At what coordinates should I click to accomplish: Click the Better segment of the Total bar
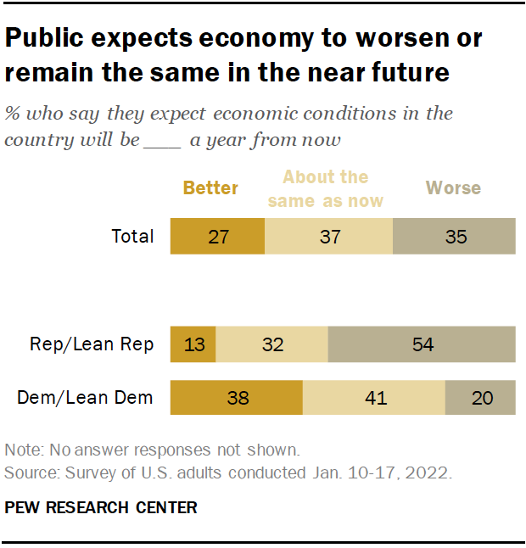point(217,236)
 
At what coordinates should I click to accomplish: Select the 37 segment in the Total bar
point(328,236)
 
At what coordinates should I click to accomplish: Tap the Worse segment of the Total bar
point(454,236)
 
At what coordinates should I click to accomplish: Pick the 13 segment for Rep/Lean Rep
point(193,344)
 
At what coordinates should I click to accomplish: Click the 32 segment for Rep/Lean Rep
point(271,344)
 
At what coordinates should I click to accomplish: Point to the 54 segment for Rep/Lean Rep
point(422,344)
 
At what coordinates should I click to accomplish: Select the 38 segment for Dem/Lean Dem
point(237,397)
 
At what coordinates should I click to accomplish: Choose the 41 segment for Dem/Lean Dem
point(374,397)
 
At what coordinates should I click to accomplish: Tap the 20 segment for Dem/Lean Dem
point(480,397)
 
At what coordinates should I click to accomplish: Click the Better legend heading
point(210,187)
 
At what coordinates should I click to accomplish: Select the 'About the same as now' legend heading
point(325,188)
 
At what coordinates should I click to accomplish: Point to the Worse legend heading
point(454,187)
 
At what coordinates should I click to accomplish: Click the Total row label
point(133,236)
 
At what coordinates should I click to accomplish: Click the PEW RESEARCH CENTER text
point(101,508)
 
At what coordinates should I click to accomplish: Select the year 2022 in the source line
point(430,473)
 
